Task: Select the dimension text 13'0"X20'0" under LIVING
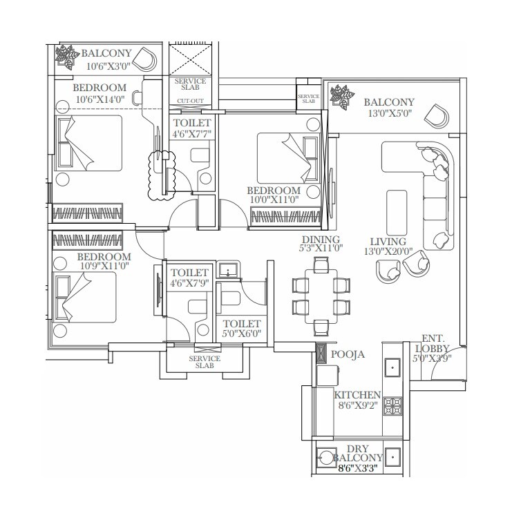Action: [388, 251]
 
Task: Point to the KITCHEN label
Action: [357, 396]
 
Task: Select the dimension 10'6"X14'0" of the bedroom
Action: [100, 99]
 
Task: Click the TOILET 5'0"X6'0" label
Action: [241, 328]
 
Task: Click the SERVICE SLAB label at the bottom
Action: [205, 362]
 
